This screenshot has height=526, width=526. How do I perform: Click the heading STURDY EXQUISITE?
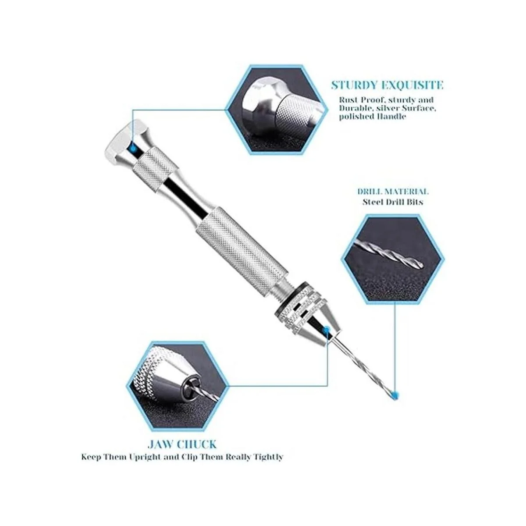(x=387, y=85)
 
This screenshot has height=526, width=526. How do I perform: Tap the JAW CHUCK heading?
(x=182, y=444)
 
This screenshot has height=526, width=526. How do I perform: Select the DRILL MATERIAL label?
(x=393, y=192)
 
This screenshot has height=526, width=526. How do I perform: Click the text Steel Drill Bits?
(x=393, y=202)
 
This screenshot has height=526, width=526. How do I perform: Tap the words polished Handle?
(x=372, y=117)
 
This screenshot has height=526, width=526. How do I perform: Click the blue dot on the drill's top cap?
(x=133, y=148)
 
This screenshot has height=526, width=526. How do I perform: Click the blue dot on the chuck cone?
(x=325, y=331)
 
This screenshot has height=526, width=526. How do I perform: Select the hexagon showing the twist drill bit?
(x=393, y=259)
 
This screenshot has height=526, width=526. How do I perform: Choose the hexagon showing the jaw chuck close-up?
(x=178, y=386)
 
